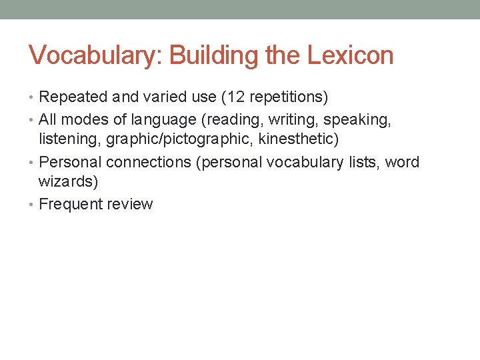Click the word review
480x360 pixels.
click(130, 205)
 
